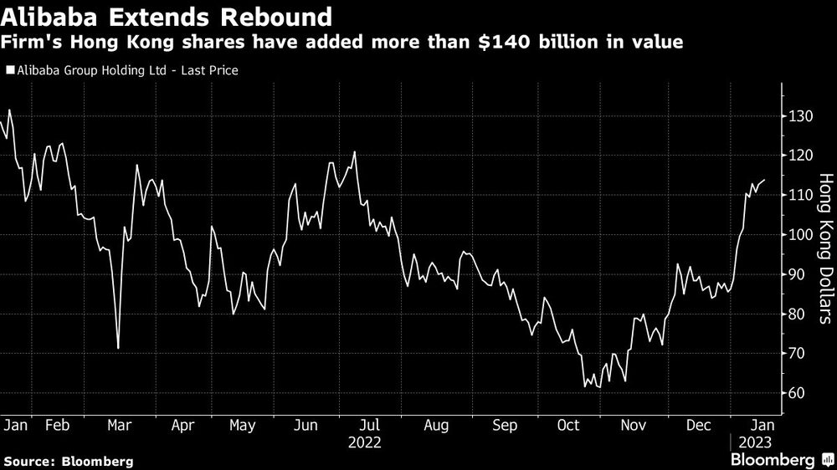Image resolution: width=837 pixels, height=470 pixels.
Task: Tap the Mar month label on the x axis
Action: (121, 426)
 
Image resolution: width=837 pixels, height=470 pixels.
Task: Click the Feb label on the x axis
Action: (57, 426)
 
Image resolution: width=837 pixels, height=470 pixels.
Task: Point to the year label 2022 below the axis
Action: (366, 441)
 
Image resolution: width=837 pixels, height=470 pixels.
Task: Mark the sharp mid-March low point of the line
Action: (118, 348)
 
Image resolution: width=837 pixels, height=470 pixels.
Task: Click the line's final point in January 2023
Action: (764, 180)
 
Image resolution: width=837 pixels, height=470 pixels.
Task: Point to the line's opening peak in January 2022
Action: (9, 110)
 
